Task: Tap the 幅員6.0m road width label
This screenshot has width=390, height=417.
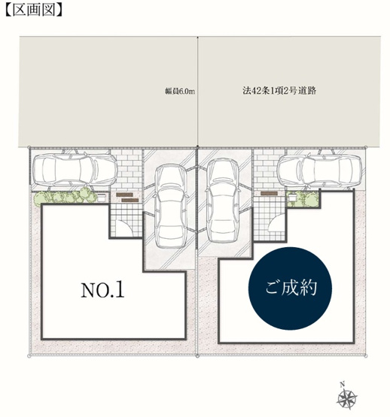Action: (x=179, y=92)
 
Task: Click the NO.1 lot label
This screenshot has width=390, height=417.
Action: (x=102, y=289)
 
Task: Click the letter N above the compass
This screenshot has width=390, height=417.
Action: (x=342, y=383)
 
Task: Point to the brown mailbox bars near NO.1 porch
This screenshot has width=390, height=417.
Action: (x=126, y=196)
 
